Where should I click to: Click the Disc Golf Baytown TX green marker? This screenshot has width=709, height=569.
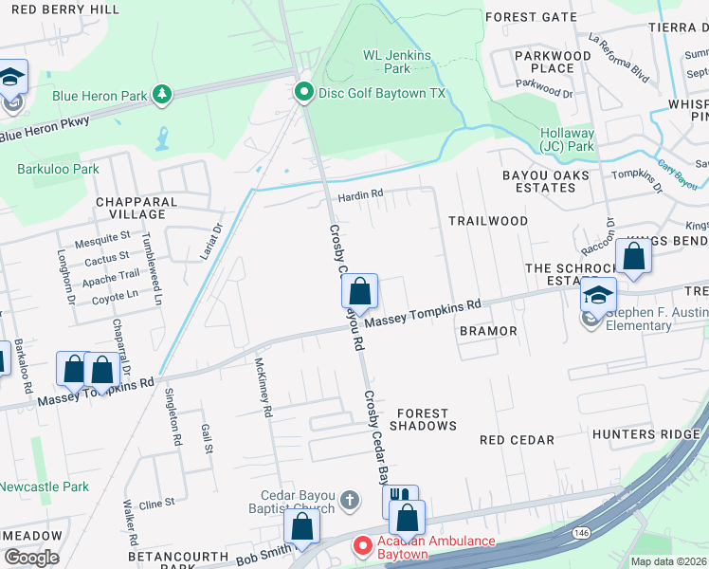(x=303, y=92)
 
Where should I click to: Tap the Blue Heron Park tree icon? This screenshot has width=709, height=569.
(x=163, y=94)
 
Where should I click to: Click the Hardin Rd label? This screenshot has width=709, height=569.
(x=361, y=195)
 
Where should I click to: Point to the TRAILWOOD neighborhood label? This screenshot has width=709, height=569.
(x=487, y=221)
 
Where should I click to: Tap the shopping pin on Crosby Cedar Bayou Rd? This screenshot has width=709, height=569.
(x=359, y=289)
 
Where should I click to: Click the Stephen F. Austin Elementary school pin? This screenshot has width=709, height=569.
(x=598, y=294)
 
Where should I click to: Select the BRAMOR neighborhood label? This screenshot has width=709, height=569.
(x=488, y=331)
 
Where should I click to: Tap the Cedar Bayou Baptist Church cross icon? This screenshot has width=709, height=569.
(x=350, y=499)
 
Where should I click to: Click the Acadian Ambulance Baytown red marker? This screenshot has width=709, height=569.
(x=362, y=546)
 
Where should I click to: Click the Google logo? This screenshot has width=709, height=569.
(x=31, y=557)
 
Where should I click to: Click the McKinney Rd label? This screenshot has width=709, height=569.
(x=264, y=388)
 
